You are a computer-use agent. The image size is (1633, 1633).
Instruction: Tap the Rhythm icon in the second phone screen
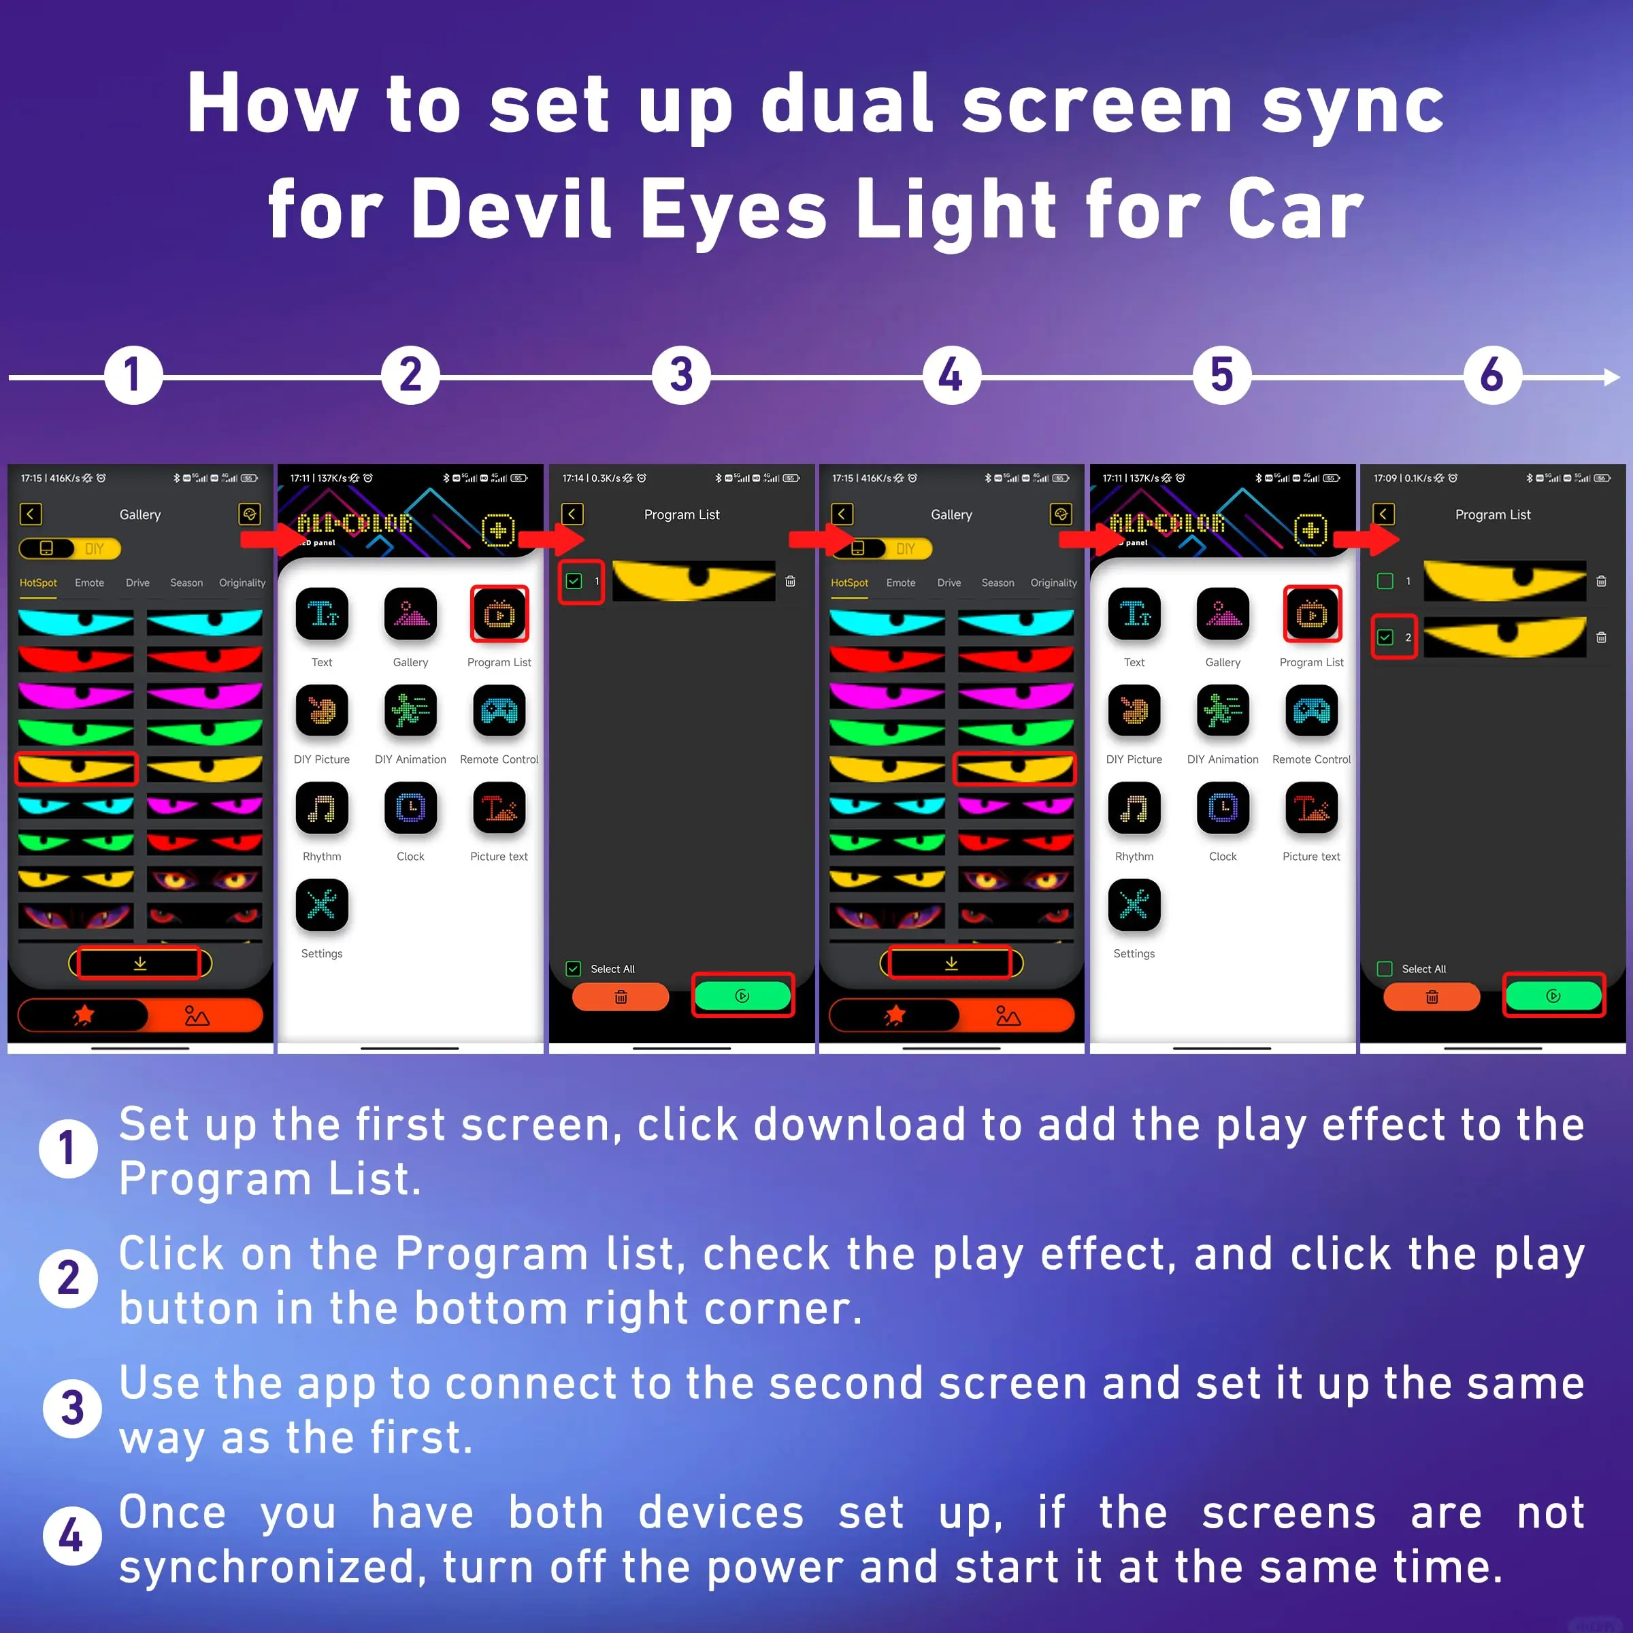click(322, 809)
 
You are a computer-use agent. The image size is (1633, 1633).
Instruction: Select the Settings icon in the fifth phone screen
click(1134, 905)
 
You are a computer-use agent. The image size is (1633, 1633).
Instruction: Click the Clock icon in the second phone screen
click(411, 809)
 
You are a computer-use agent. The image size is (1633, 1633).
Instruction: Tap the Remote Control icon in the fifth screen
click(1311, 712)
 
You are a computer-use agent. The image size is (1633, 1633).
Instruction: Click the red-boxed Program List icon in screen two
click(499, 614)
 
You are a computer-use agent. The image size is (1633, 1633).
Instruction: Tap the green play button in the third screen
click(742, 995)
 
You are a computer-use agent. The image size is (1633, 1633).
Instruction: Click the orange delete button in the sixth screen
click(1431, 997)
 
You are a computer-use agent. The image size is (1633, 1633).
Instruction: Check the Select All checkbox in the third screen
click(574, 969)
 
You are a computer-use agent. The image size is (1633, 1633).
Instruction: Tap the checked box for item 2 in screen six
click(1385, 638)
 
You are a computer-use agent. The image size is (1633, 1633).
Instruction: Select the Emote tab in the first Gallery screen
click(90, 583)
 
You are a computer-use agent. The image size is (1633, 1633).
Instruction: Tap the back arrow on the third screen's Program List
click(572, 514)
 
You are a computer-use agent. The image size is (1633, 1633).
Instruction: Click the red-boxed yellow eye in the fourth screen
click(1015, 768)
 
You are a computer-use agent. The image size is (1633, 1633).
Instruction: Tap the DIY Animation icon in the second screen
click(411, 712)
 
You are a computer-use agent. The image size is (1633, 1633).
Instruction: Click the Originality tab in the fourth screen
click(1053, 583)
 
